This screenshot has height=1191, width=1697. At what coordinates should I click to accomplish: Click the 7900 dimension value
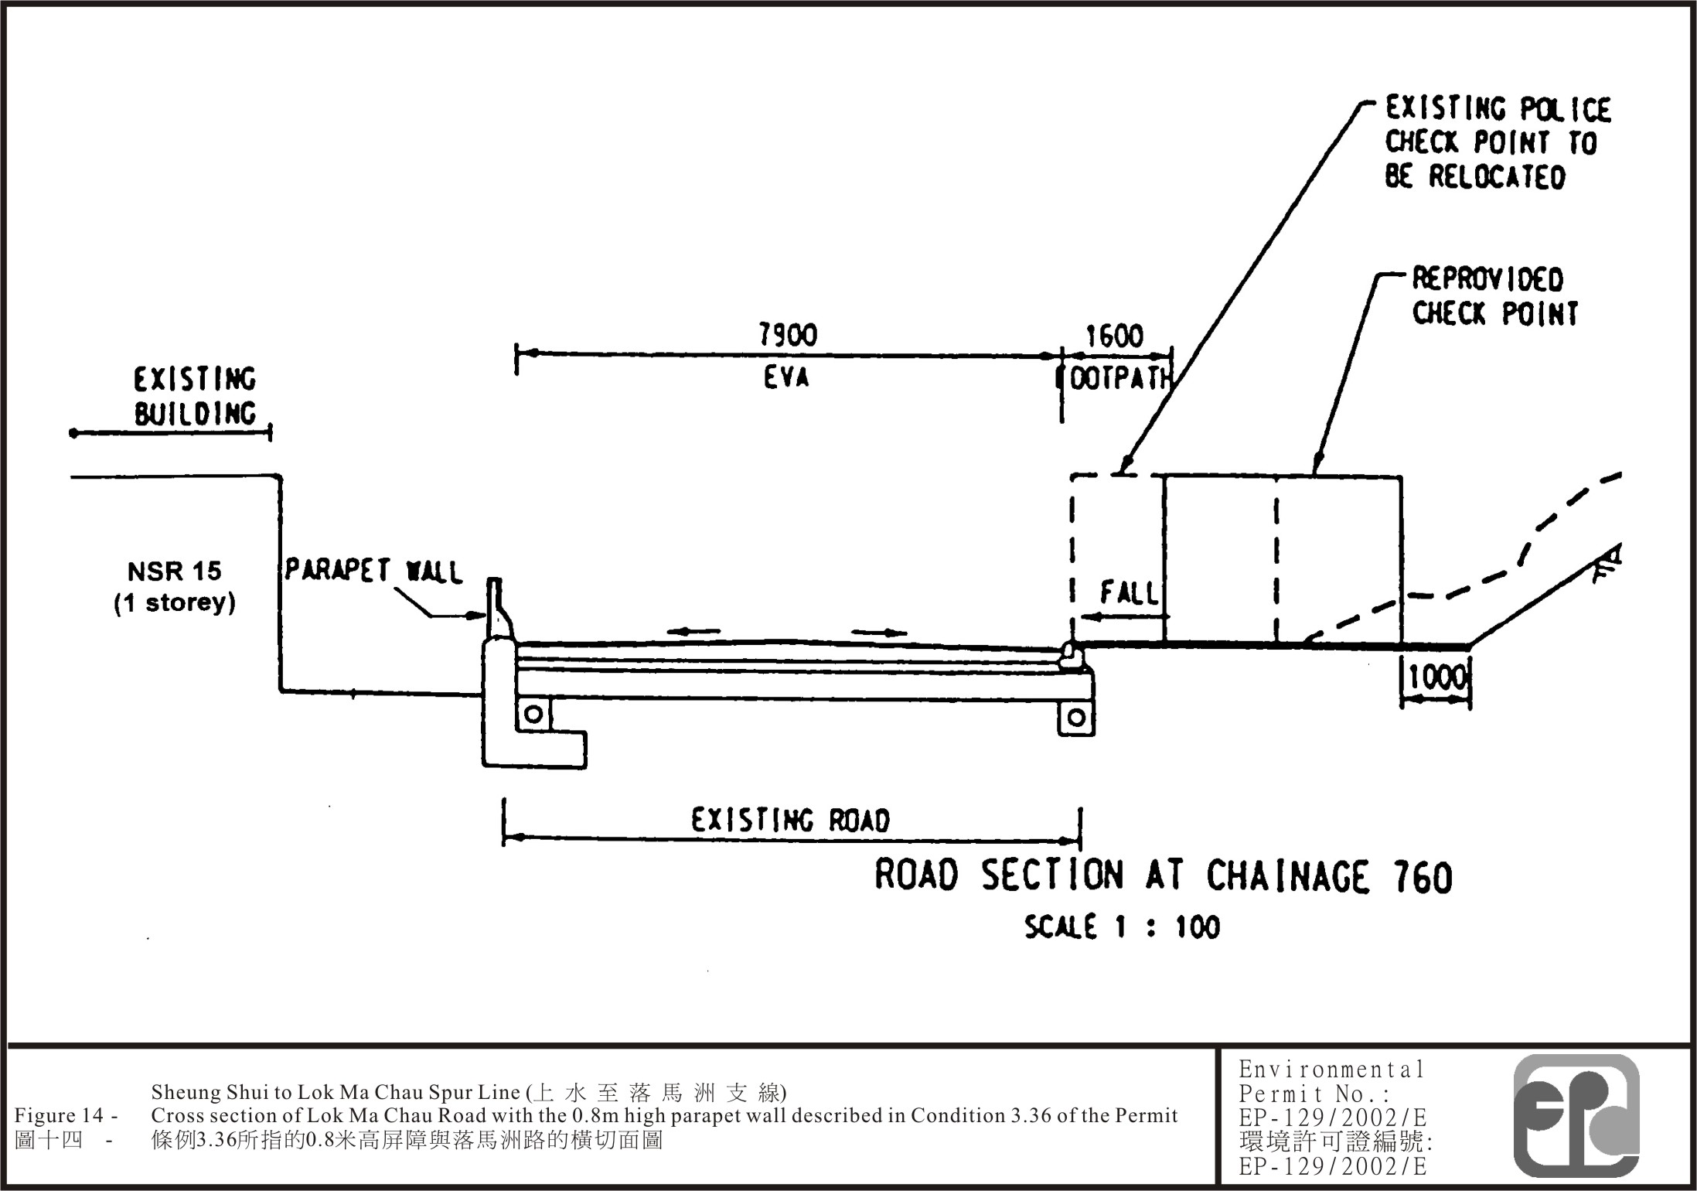click(x=787, y=335)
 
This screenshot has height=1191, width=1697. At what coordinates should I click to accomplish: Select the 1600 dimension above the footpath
click(x=1114, y=336)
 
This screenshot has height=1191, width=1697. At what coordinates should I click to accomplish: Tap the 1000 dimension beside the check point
click(x=1436, y=678)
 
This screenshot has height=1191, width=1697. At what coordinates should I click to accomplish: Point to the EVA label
click(x=786, y=377)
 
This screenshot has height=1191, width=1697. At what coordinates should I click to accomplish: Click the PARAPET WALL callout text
click(x=373, y=571)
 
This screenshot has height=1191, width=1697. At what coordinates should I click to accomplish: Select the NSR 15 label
click(x=174, y=572)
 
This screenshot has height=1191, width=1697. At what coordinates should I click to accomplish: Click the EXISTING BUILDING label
click(x=195, y=397)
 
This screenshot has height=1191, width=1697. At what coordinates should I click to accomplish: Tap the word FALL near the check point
click(x=1130, y=593)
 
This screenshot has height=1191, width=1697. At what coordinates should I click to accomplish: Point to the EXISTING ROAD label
click(x=790, y=820)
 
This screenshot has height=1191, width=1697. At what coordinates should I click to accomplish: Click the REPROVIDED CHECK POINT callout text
click(x=1494, y=296)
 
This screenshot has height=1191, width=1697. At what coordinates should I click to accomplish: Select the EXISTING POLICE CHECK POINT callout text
click(x=1497, y=143)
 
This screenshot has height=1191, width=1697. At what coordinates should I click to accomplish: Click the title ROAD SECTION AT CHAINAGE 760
click(x=1163, y=876)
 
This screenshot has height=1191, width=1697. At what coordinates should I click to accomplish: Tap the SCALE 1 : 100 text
click(x=1122, y=927)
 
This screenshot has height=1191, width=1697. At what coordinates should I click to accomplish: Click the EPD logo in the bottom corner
click(x=1576, y=1115)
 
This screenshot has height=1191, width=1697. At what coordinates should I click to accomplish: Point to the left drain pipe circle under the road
click(x=533, y=715)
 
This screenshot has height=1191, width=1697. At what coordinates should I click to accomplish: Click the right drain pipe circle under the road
click(x=1075, y=718)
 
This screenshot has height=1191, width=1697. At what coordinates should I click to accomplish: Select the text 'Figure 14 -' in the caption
click(x=66, y=1115)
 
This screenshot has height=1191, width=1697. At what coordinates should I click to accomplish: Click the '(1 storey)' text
click(x=175, y=602)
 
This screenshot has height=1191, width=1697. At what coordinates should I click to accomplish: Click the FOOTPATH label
click(x=1119, y=379)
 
